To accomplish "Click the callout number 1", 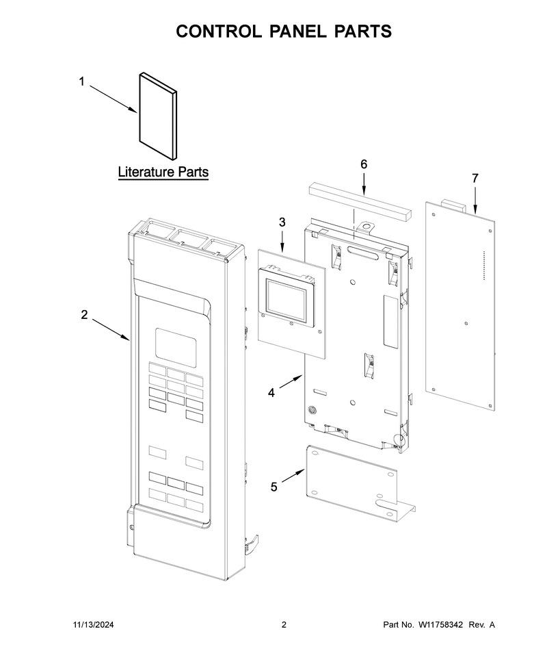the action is (x=82, y=81).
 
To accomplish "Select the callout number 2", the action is (x=85, y=315).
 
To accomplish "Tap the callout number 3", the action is (x=282, y=222).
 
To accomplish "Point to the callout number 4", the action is (x=271, y=393).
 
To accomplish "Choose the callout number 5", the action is (x=274, y=487).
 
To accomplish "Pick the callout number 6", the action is (x=364, y=164).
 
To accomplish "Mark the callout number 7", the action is (x=475, y=178).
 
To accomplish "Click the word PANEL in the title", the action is (x=298, y=31).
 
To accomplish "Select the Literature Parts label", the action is (x=163, y=172).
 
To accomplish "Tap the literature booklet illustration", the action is (x=158, y=116).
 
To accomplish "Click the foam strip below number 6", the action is (x=360, y=200).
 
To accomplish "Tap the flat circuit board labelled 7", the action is (x=460, y=305).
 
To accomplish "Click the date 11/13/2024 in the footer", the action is (x=94, y=624).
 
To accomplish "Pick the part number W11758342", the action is (x=440, y=624).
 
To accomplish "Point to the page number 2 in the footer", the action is (x=284, y=624).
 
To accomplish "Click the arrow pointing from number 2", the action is (x=111, y=329).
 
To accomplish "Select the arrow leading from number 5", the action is (x=293, y=476).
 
